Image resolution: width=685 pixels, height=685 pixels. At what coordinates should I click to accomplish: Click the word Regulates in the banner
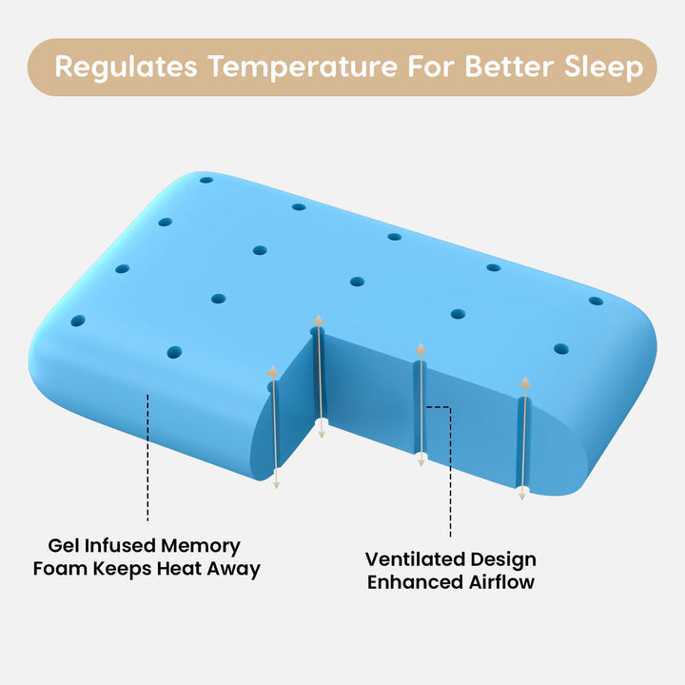[126, 68]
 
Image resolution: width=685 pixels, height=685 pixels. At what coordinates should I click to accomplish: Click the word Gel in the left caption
[66, 546]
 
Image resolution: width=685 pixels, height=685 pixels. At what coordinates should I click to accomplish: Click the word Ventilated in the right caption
[413, 559]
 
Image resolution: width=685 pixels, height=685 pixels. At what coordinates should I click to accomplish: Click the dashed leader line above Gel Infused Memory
[148, 457]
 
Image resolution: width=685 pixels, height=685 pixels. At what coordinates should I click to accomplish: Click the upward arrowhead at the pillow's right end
[524, 382]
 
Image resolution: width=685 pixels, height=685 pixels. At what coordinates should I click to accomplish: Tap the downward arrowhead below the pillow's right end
[522, 493]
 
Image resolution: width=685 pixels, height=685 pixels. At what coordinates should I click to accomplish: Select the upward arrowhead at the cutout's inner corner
[319, 320]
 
